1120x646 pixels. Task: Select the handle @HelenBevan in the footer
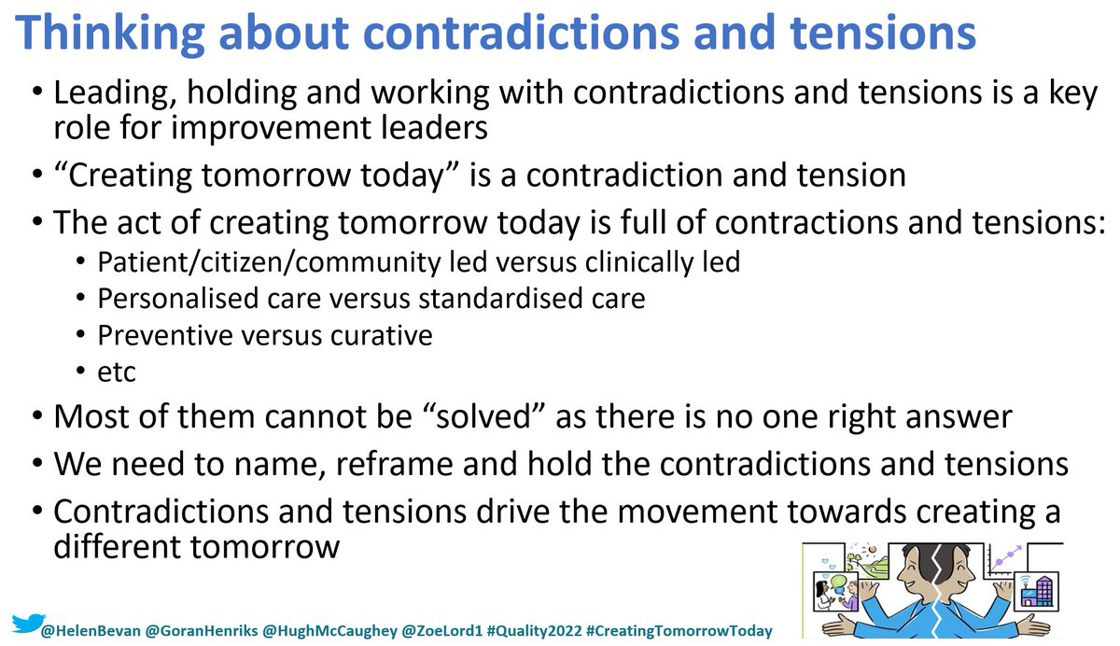(87, 631)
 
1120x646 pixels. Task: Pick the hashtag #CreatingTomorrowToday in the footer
(680, 631)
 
